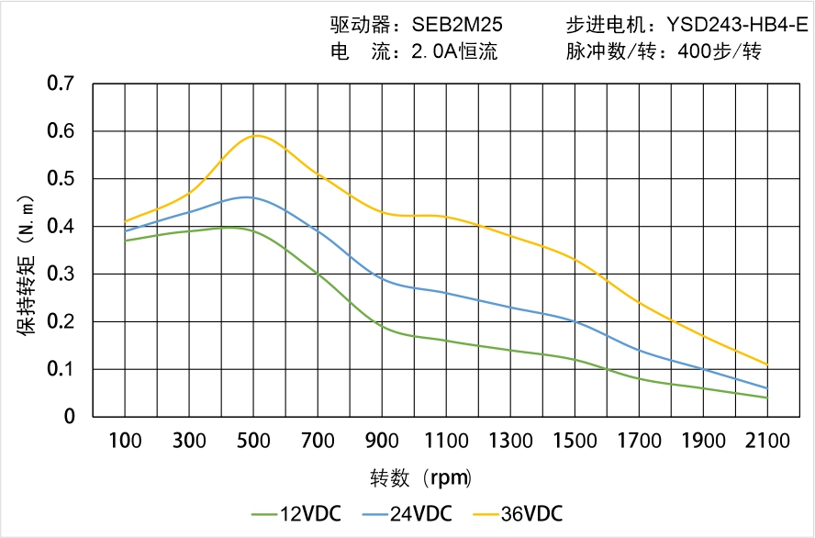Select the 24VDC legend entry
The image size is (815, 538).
tap(407, 513)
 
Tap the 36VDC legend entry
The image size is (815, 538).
tap(518, 513)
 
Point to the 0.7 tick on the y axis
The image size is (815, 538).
tap(61, 84)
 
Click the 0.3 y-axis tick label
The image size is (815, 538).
tap(61, 274)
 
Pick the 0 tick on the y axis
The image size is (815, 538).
tap(70, 417)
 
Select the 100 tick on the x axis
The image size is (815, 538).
tap(125, 441)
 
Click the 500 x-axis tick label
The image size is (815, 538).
tap(253, 441)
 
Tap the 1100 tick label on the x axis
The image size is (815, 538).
tap(446, 441)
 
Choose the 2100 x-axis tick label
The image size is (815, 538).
tap(767, 441)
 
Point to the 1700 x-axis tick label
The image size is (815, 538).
tap(639, 441)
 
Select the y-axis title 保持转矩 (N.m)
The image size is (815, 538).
tap(27, 264)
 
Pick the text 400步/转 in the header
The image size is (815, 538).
tap(718, 52)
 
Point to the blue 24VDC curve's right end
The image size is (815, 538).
tap(767, 388)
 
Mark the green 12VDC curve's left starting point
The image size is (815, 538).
tap(125, 241)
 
